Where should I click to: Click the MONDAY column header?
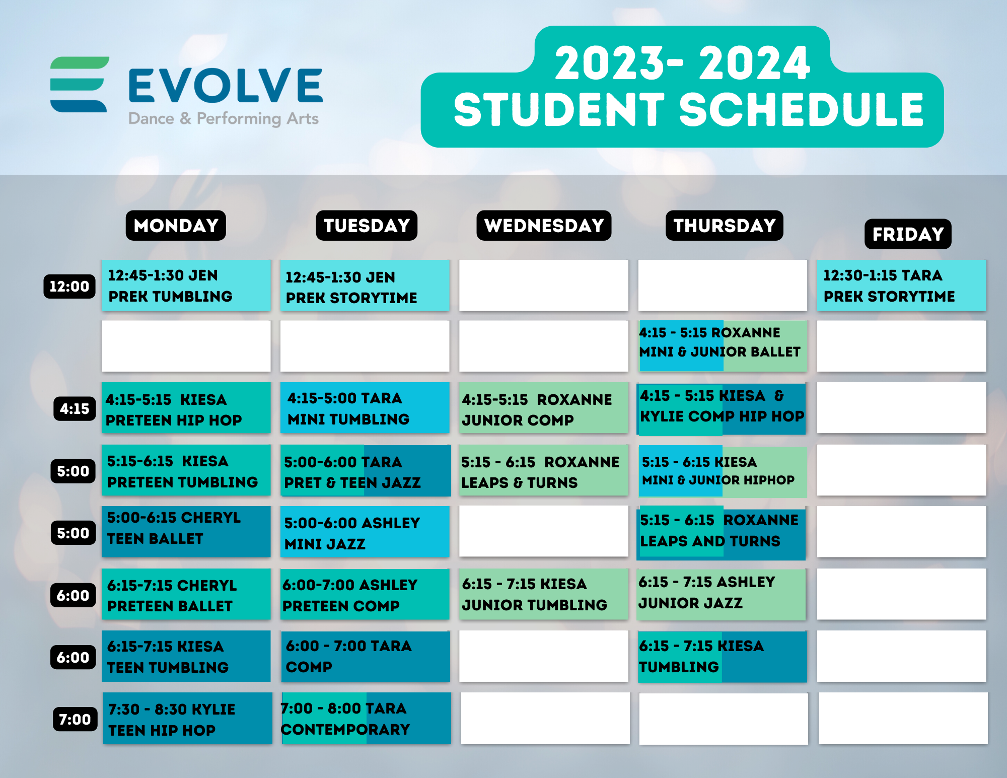click(176, 226)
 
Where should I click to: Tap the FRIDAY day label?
click(908, 234)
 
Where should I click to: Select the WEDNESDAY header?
click(544, 226)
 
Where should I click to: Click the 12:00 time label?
click(69, 287)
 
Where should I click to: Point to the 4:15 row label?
click(75, 408)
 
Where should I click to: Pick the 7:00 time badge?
click(75, 719)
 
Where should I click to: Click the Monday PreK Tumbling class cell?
click(186, 286)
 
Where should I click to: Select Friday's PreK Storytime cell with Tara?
click(901, 286)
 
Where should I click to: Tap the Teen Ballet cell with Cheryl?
click(186, 531)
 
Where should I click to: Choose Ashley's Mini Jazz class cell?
click(365, 532)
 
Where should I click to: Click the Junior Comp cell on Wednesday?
click(543, 408)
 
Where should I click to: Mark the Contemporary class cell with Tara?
click(366, 719)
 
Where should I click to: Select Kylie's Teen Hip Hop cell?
click(187, 719)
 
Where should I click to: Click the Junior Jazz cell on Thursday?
click(722, 594)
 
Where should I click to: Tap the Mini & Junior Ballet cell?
click(722, 346)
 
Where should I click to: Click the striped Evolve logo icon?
click(80, 84)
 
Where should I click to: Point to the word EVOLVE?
click(226, 86)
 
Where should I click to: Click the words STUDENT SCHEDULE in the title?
click(688, 110)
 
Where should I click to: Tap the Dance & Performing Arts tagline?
click(224, 119)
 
